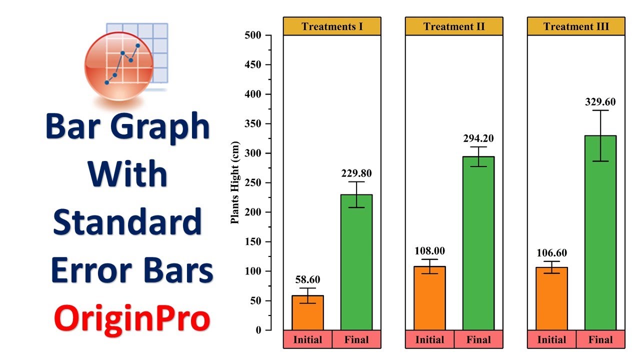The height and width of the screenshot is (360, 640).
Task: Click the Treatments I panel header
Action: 332,26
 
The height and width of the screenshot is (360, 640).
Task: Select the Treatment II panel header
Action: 454,26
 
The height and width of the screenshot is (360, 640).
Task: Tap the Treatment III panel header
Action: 576,26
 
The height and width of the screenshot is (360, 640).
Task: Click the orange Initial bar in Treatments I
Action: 307,312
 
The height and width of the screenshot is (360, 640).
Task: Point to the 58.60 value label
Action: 307,280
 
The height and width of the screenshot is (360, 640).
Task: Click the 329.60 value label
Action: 600,102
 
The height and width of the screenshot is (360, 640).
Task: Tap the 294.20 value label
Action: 478,138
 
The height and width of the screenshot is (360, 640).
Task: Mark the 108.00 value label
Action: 429,251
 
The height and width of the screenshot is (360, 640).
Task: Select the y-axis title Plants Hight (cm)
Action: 235,183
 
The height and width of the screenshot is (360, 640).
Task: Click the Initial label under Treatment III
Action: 551,340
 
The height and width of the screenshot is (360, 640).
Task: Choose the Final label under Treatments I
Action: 356,340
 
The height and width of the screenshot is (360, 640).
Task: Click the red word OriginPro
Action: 132,318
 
